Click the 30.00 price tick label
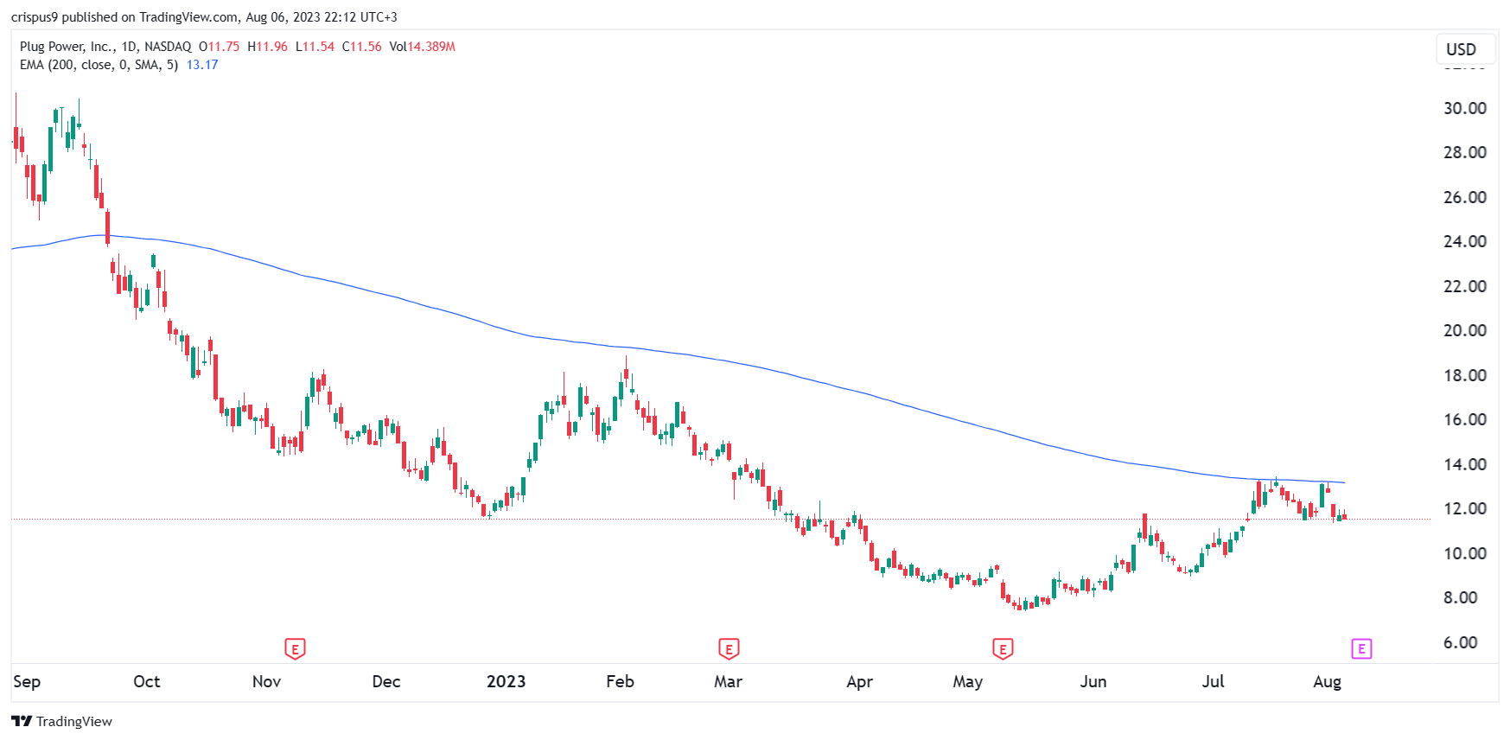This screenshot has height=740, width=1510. (x=1464, y=108)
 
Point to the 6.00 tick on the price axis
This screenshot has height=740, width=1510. (x=1460, y=642)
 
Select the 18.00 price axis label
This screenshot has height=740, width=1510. (x=1464, y=375)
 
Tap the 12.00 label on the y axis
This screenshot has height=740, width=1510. (x=1464, y=508)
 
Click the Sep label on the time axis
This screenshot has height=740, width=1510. (x=27, y=681)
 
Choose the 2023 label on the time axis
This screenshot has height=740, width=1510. (x=506, y=681)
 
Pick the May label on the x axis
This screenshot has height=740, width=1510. (x=967, y=681)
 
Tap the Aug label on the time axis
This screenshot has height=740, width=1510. (x=1327, y=681)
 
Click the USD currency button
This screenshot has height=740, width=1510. (x=1461, y=49)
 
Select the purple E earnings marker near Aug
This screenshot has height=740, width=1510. (x=1361, y=648)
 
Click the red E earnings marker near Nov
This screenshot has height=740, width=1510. (x=295, y=648)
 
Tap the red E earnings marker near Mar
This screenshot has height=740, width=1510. (x=729, y=648)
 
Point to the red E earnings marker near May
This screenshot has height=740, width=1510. (x=1003, y=648)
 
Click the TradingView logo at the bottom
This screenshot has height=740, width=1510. (x=61, y=721)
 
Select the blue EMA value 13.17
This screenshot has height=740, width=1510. (x=202, y=65)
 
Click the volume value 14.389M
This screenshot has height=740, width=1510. (x=431, y=47)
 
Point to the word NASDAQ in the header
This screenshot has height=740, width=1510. (x=168, y=47)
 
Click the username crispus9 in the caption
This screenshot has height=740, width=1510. (x=35, y=17)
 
